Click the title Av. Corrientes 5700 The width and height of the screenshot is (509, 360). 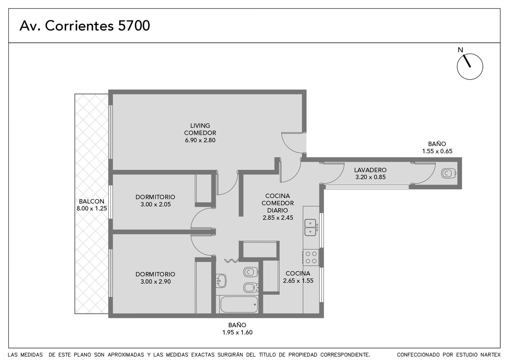[85, 26]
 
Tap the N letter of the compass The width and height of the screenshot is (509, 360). [460, 50]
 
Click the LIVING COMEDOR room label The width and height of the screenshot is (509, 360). [200, 129]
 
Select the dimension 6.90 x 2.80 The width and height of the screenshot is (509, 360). [200, 140]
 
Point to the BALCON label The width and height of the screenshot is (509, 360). [92, 201]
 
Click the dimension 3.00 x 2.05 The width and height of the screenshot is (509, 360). [156, 204]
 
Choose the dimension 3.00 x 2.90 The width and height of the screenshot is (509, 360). [156, 282]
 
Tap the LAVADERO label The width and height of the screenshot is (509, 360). [370, 170]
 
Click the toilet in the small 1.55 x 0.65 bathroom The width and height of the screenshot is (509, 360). [448, 173]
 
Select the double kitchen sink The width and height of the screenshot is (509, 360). [310, 227]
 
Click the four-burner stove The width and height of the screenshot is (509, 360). [311, 257]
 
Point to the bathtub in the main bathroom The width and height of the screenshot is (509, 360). [239, 304]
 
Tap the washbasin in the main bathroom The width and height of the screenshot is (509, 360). [221, 281]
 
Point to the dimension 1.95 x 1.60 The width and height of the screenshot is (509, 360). [237, 332]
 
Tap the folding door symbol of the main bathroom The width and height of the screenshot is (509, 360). [232, 261]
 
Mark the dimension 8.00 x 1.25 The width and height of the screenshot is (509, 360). [92, 209]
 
